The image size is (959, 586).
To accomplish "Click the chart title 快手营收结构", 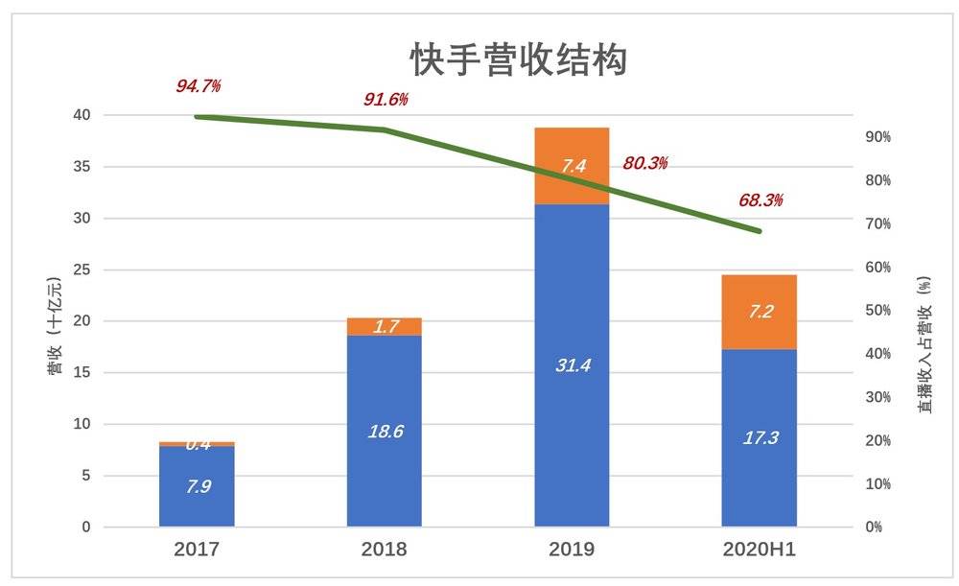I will pos(518,60).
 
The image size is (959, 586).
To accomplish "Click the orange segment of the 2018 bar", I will pos(385,327).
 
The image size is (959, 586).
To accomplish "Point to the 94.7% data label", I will pos(199,86).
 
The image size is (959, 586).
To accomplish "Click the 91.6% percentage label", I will pos(386,100).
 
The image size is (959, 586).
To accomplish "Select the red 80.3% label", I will pos(644,163).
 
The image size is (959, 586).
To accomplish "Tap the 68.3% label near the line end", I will pos(760,200).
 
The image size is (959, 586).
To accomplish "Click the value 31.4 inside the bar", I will pos(573,364).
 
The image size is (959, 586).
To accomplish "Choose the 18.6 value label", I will pos(385,432).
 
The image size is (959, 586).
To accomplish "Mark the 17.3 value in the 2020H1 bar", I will pos(760,437).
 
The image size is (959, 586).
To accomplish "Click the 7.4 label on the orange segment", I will pos(573,167).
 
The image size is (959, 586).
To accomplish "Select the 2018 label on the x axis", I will pos(385,551).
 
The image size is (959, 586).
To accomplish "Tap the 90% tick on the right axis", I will pos(878,137).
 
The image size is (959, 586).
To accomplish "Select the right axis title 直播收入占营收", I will pos(924,345).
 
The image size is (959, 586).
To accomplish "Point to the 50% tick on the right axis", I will pos(878,311).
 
